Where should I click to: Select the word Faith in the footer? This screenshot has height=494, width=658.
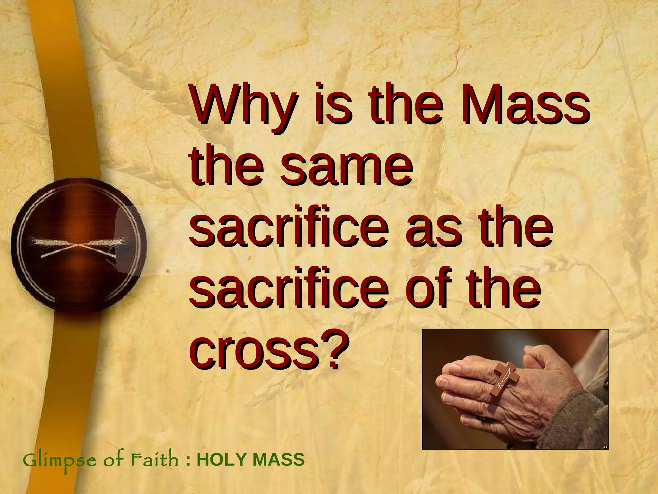(x=154, y=459)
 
